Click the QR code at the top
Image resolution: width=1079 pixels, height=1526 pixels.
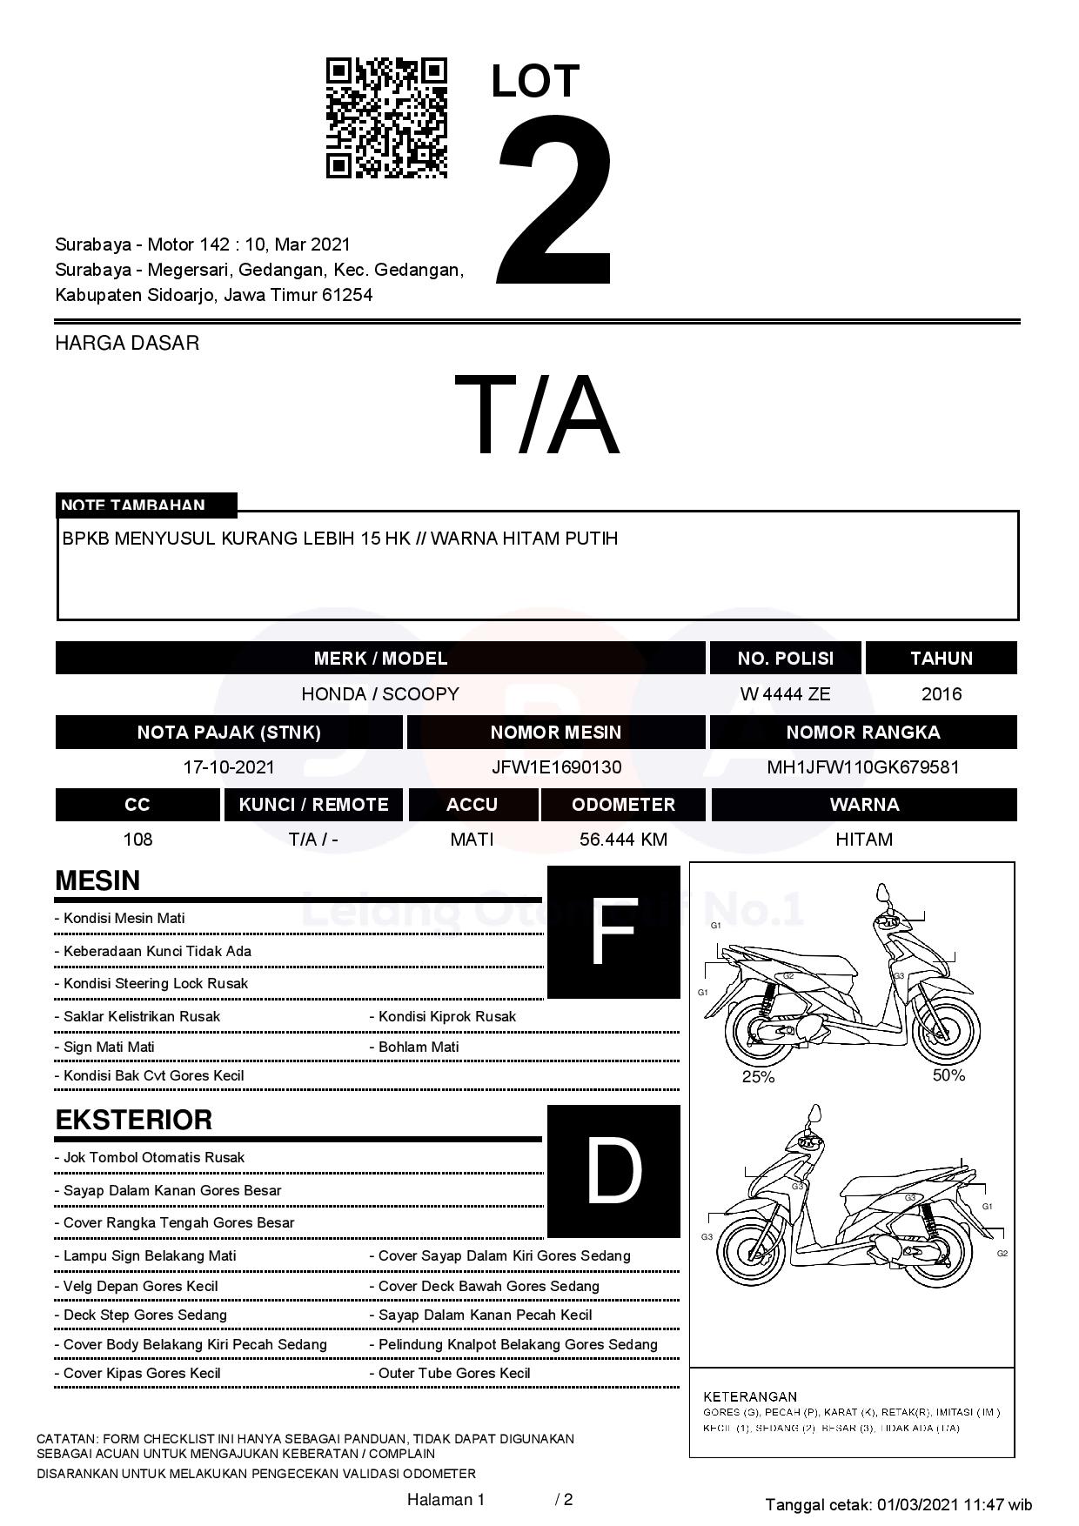coord(386,118)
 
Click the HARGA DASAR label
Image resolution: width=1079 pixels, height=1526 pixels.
coord(127,343)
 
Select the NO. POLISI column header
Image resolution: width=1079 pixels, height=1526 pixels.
coord(785,659)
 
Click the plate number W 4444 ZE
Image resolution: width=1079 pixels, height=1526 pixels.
coord(785,694)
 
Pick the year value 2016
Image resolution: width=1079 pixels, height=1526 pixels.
coord(942,694)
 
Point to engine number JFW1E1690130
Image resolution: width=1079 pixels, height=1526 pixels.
coord(556,767)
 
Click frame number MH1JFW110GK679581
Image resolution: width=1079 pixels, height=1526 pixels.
coord(863,767)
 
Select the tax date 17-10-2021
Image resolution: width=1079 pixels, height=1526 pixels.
coord(229,767)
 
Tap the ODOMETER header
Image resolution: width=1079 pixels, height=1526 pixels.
coord(623,805)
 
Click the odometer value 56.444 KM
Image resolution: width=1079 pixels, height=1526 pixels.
coord(623,840)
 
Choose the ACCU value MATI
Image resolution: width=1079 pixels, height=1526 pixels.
coord(472,840)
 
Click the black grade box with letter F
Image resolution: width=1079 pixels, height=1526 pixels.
coord(613,932)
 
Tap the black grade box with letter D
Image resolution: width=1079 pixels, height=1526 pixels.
coord(613,1171)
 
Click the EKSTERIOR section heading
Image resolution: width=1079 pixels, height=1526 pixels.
coord(134,1120)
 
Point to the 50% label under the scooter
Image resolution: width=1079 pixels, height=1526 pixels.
coord(948,1075)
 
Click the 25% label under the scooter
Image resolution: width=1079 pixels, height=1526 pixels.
coord(758,1077)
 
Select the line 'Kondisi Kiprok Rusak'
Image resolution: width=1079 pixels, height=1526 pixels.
coord(446,1016)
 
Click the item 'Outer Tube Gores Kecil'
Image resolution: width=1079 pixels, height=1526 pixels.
coord(453,1373)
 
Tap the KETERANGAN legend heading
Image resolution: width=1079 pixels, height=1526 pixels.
coord(750,1396)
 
